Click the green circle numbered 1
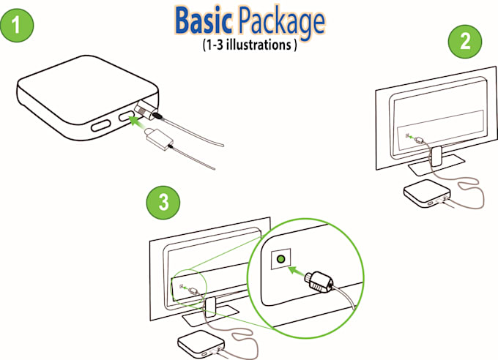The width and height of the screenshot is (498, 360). pos(17,25)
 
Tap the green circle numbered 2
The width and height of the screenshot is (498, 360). pos(465,42)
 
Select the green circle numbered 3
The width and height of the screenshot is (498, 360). pos(163,202)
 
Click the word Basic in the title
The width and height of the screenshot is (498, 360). pos(204,21)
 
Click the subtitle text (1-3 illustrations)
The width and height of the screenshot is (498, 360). pos(250,45)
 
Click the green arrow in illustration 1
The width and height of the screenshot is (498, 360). pos(138,122)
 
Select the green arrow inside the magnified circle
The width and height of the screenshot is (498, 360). pos(296,271)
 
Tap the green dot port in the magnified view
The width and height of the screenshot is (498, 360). pos(280,259)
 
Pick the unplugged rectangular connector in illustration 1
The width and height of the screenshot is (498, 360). pos(160,139)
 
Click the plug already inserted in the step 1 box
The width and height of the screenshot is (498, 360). pos(148,110)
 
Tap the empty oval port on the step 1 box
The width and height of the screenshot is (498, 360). pos(100,125)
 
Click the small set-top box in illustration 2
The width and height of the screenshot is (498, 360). pos(426,193)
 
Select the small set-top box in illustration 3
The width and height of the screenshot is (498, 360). pos(201,344)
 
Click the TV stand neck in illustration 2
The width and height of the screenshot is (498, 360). pos(436,156)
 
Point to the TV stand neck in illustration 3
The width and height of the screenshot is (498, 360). pos(211,307)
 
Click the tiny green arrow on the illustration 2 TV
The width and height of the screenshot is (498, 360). pos(412,137)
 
